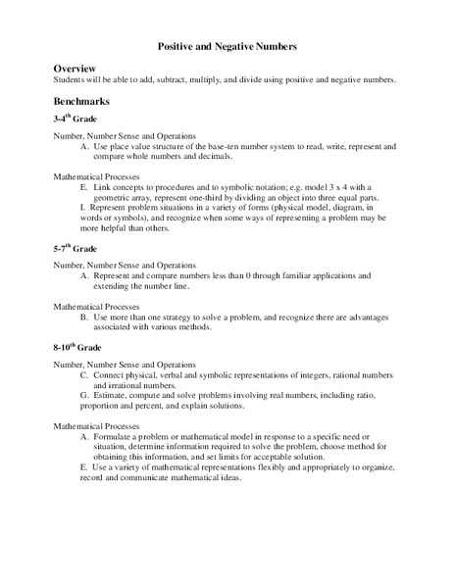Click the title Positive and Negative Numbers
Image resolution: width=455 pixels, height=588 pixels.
coord(227,46)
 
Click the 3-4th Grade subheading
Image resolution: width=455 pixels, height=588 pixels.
coord(76,119)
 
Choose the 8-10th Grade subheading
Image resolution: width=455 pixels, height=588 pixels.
coord(78,349)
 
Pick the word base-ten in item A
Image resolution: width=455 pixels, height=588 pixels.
coord(257,146)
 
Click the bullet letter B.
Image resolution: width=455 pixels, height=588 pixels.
coord(84,318)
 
